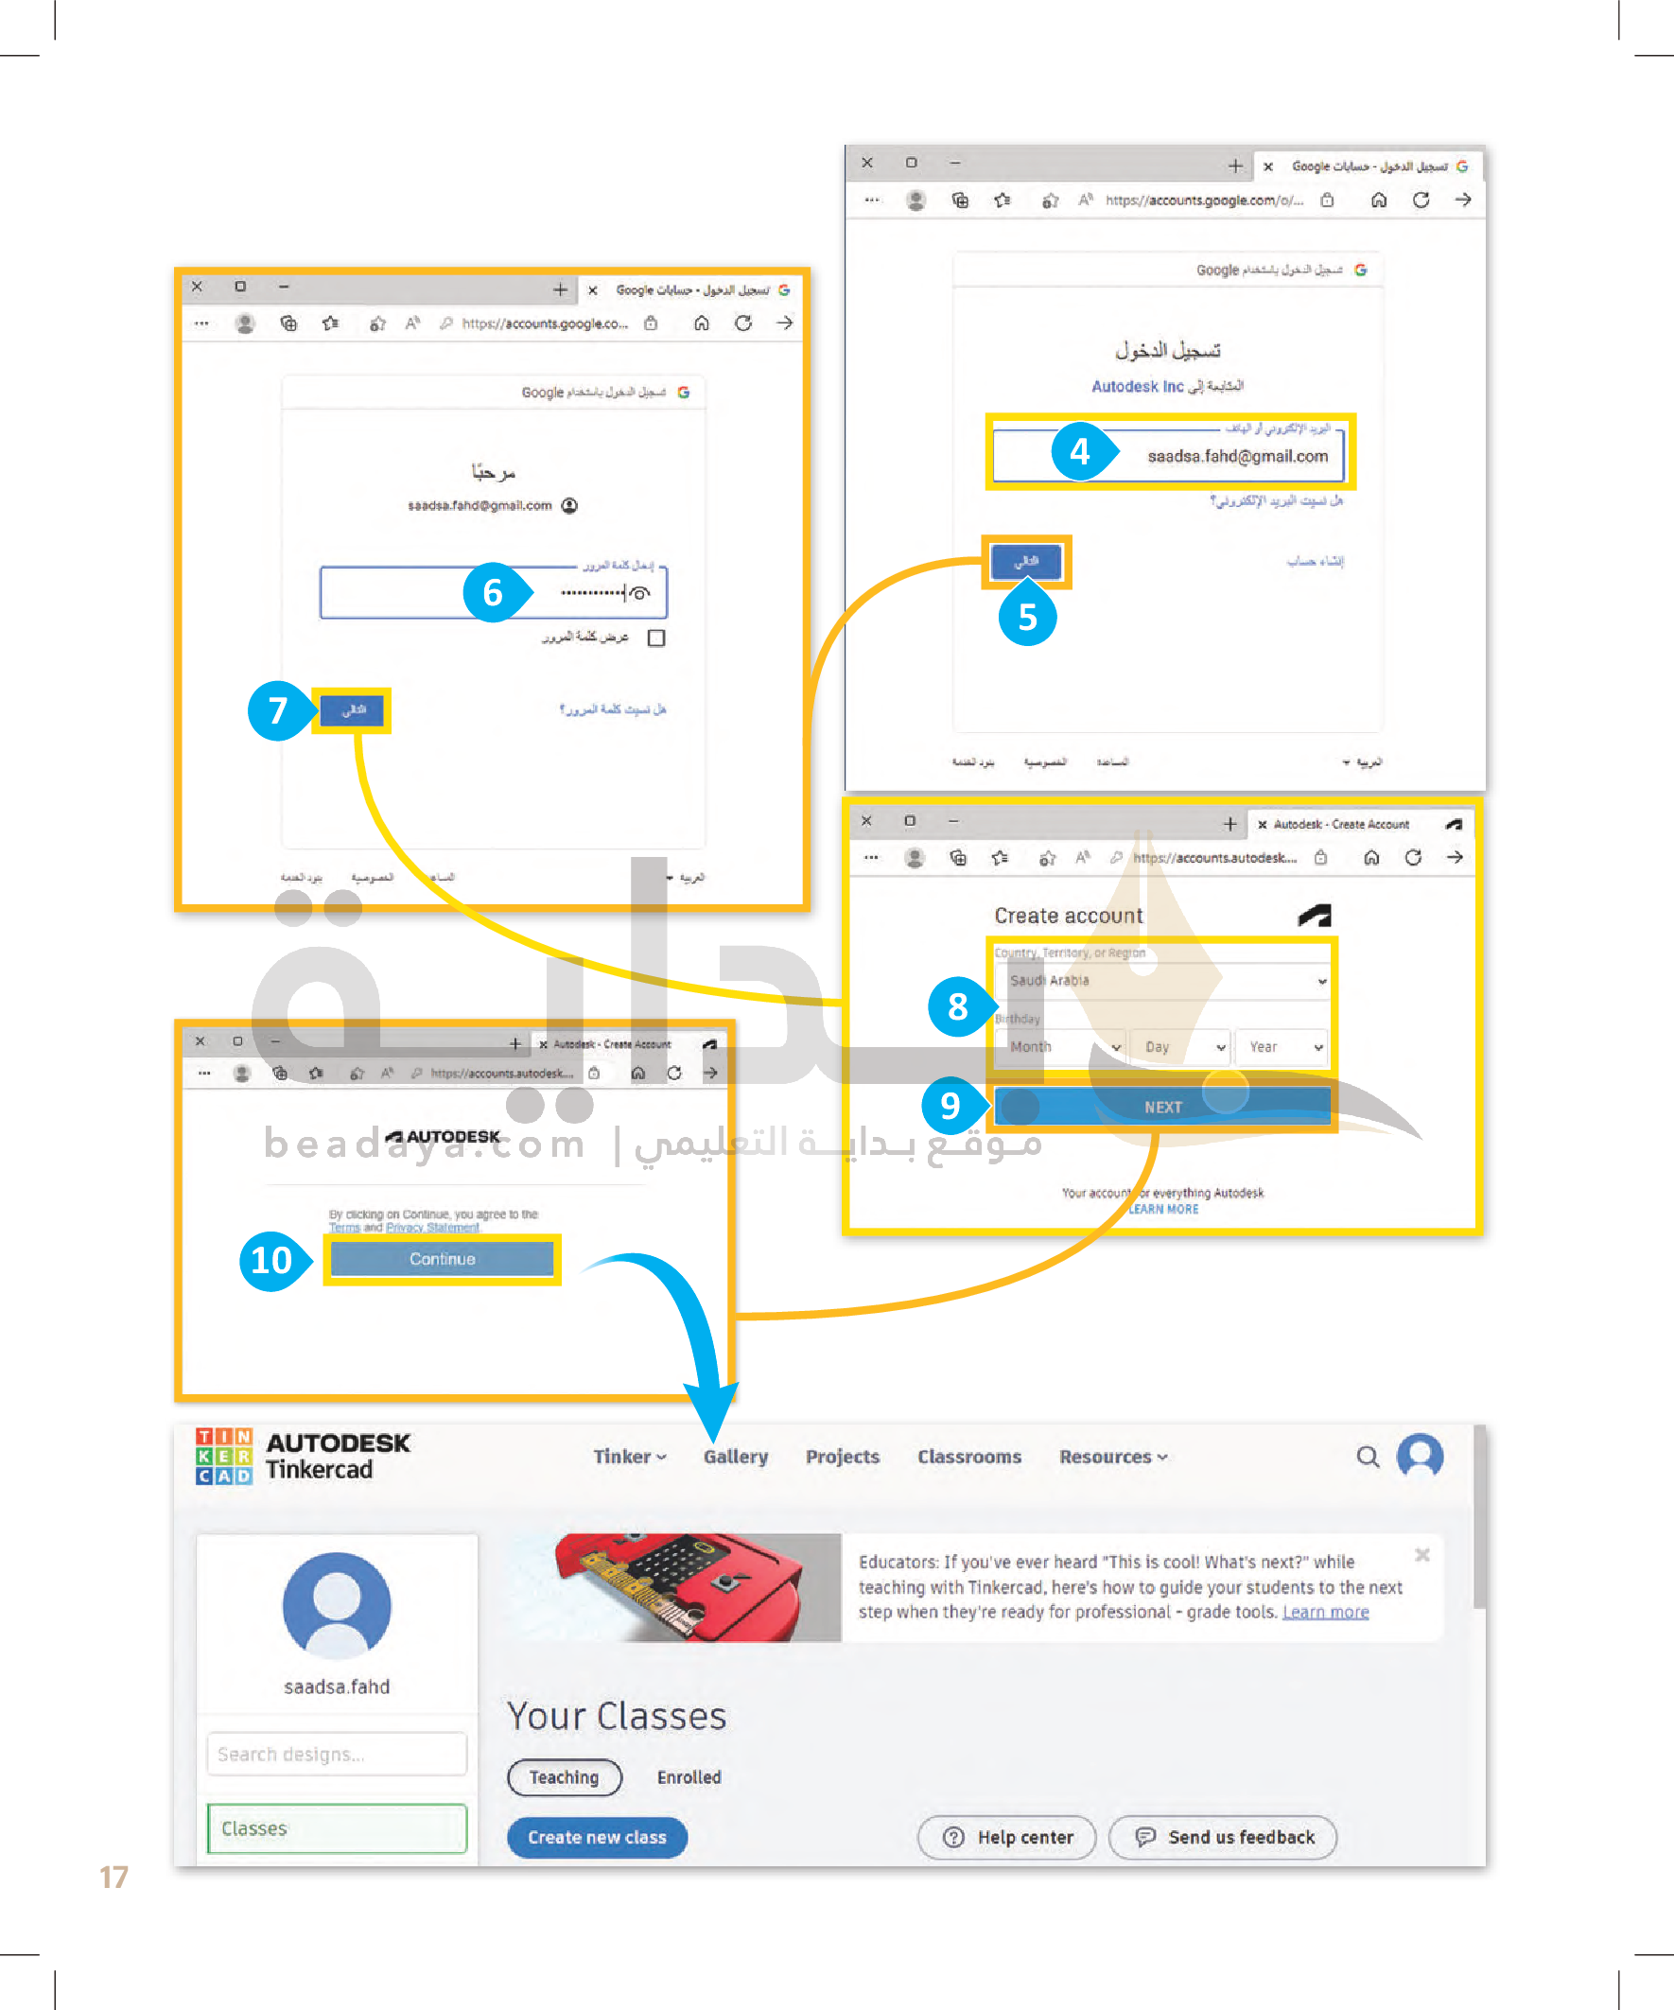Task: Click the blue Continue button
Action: pyautogui.click(x=442, y=1259)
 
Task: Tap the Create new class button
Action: pyautogui.click(x=596, y=1837)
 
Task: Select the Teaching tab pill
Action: pyautogui.click(x=564, y=1777)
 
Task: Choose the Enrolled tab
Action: pyautogui.click(x=689, y=1777)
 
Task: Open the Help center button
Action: pyautogui.click(x=1006, y=1837)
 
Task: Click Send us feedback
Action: pyautogui.click(x=1222, y=1837)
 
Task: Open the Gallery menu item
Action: pyautogui.click(x=735, y=1457)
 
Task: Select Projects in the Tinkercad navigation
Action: pyautogui.click(x=843, y=1457)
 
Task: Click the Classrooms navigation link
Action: pyautogui.click(x=968, y=1457)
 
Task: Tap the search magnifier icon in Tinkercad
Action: pyautogui.click(x=1368, y=1457)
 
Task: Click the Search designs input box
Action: pyautogui.click(x=337, y=1755)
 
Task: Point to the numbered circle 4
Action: pyautogui.click(x=1080, y=451)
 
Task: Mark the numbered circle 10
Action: pyautogui.click(x=270, y=1261)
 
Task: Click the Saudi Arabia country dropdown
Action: pyautogui.click(x=1162, y=981)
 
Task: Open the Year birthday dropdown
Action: pyautogui.click(x=1281, y=1047)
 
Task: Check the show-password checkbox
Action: pyautogui.click(x=656, y=638)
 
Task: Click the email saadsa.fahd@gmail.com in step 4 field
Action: pyautogui.click(x=1237, y=457)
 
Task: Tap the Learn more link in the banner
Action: pyautogui.click(x=1325, y=1612)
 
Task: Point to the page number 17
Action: pyautogui.click(x=113, y=1877)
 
